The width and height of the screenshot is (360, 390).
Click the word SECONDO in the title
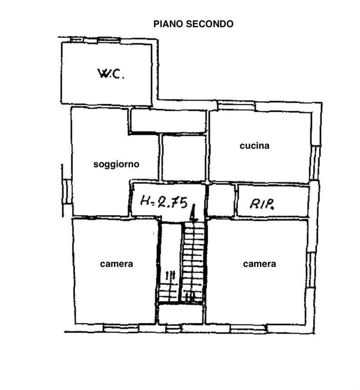pos(209,24)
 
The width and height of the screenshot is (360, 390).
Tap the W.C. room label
pos(111,74)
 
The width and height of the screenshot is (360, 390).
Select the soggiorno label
pos(116,164)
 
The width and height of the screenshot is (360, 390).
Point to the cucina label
pos(255,146)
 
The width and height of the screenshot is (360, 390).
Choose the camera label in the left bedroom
pos(117,264)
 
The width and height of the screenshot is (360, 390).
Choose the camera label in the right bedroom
pos(259,264)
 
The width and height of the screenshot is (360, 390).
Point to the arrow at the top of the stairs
pos(193,213)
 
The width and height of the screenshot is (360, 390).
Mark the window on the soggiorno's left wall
pos(67,192)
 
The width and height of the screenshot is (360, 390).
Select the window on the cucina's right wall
pos(315,162)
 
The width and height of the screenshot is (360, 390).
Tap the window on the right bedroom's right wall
pos(311,270)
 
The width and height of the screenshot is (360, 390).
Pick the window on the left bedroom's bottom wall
pos(121,328)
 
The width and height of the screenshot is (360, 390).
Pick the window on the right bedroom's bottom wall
pos(249,329)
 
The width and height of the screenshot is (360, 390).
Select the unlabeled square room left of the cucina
pos(184,158)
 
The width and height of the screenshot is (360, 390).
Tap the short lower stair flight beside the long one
pos(168,292)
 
